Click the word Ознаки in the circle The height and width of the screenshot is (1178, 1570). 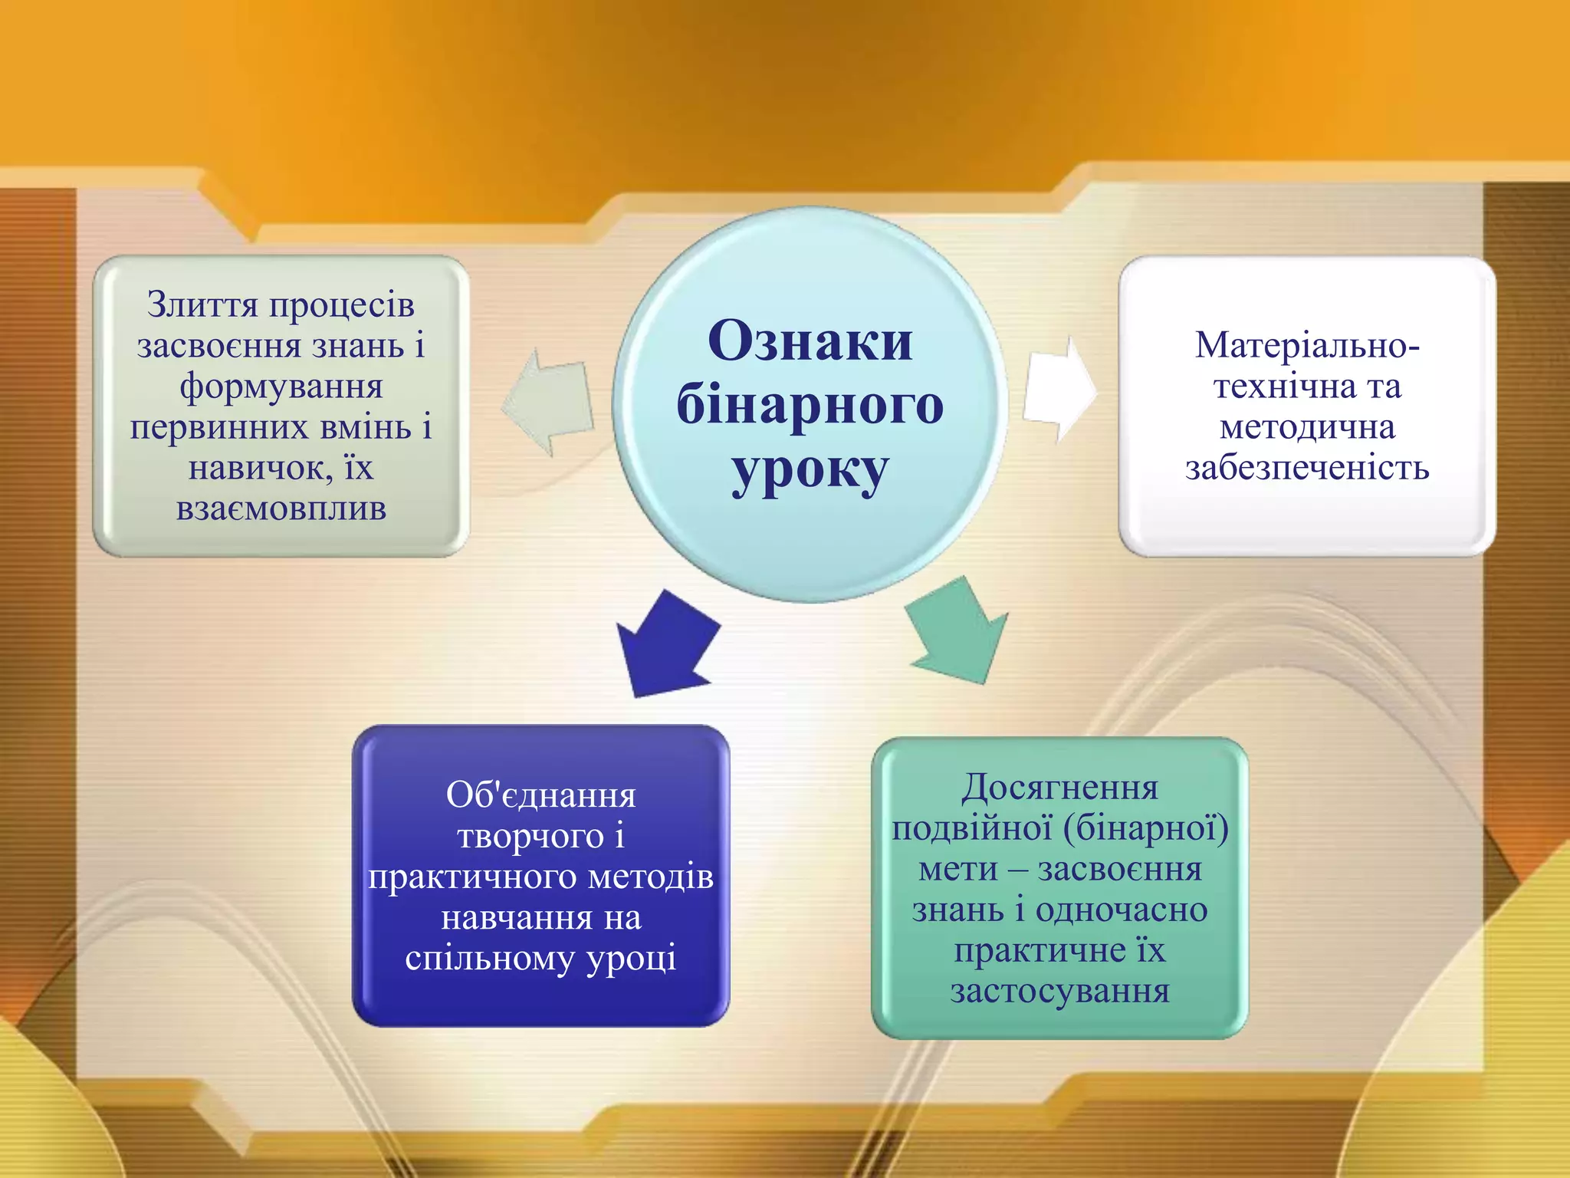(810, 341)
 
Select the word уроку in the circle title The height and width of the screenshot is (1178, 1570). (810, 469)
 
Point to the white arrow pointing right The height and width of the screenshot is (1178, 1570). (1060, 392)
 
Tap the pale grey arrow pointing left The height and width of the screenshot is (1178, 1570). (549, 402)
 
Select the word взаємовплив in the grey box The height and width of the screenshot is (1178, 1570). (281, 508)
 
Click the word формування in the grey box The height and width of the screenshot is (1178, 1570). (281, 386)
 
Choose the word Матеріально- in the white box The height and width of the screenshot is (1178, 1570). (1307, 345)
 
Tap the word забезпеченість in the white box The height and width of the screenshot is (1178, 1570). (1307, 468)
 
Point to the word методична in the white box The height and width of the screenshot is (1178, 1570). (1307, 427)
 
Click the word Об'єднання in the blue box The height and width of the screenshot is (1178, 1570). (540, 795)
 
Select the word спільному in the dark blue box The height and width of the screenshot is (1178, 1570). (490, 959)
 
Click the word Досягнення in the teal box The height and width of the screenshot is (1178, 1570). (1059, 788)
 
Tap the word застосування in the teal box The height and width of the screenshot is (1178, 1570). (1059, 991)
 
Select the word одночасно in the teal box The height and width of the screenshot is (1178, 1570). (1122, 910)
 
